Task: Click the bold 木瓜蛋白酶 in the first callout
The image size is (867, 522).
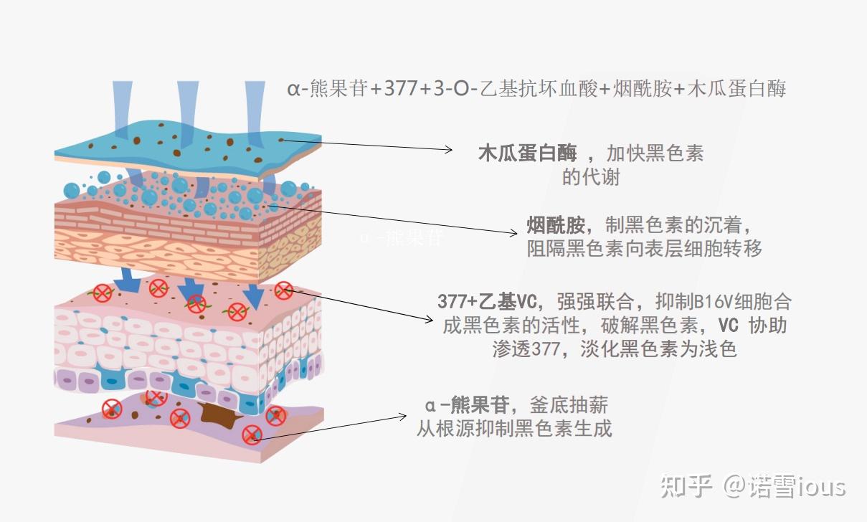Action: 527,153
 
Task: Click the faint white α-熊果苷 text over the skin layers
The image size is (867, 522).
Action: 402,238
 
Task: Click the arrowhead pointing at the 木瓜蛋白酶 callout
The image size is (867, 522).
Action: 449,149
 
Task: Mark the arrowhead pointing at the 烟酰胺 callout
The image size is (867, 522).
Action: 513,232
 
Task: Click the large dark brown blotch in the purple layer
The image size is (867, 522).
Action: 216,414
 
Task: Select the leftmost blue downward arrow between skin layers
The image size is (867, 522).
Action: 128,280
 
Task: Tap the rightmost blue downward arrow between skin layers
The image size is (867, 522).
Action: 252,295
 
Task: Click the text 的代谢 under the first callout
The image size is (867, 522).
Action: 591,177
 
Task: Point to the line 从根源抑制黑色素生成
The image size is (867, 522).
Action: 514,429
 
